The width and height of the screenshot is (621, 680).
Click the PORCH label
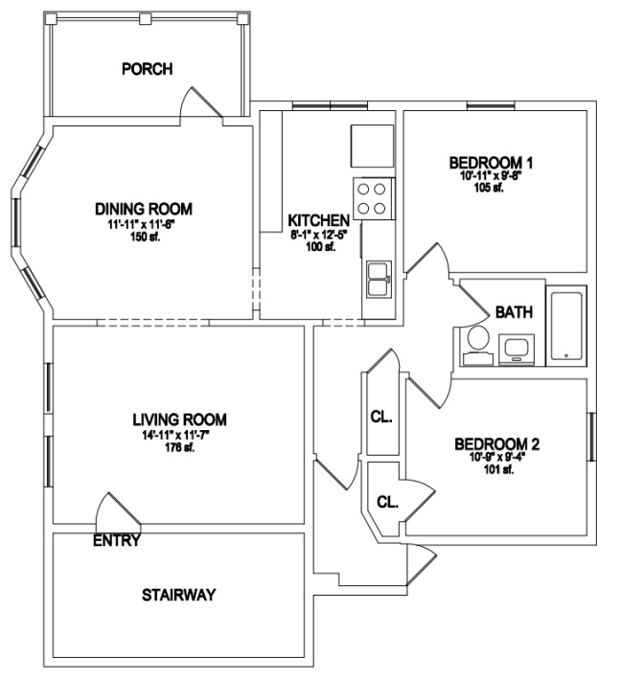(x=148, y=69)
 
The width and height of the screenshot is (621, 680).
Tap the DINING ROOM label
(x=144, y=209)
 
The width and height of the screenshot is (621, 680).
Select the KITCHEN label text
(x=318, y=220)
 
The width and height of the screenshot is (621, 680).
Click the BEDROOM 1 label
(x=491, y=163)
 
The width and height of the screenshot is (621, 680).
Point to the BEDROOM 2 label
(x=496, y=444)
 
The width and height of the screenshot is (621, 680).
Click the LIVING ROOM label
(x=179, y=419)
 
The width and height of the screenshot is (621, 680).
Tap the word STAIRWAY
(x=179, y=595)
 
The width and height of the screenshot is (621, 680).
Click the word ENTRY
(x=117, y=540)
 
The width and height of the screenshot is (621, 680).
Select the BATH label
(x=514, y=312)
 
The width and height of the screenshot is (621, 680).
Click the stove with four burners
(x=374, y=198)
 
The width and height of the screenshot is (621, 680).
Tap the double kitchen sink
(x=379, y=280)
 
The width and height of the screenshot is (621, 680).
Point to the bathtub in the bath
(x=566, y=326)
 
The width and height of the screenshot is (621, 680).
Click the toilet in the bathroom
(x=478, y=346)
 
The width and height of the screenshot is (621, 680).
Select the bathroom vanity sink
(x=517, y=350)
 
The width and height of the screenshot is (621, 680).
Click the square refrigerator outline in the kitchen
(x=373, y=146)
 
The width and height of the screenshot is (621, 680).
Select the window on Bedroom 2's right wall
(x=592, y=437)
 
